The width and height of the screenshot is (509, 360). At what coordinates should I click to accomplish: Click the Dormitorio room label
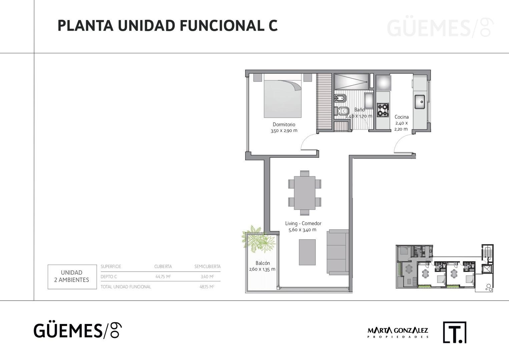tap(284, 124)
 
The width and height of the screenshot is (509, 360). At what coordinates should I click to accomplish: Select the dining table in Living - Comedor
tap(305, 193)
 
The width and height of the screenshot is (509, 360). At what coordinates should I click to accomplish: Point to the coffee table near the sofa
tap(307, 252)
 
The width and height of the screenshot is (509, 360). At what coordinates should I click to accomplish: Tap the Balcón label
tap(263, 263)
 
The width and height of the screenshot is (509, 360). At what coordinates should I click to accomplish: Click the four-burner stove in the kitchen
tap(383, 110)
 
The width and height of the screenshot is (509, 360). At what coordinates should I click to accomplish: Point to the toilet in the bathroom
tap(341, 111)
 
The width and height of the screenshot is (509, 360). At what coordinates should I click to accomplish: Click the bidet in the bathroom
tap(340, 99)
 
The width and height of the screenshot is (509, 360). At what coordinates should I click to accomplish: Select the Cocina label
tap(401, 117)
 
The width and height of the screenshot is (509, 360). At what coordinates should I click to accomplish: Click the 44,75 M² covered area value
tap(163, 277)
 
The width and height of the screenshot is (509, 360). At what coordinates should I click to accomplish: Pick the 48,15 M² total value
tap(206, 287)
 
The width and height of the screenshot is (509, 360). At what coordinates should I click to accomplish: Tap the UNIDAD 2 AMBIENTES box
tap(72, 276)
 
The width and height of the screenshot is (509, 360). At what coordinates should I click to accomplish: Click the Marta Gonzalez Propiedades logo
tap(398, 332)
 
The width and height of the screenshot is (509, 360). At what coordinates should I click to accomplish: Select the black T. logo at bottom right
tap(454, 332)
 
